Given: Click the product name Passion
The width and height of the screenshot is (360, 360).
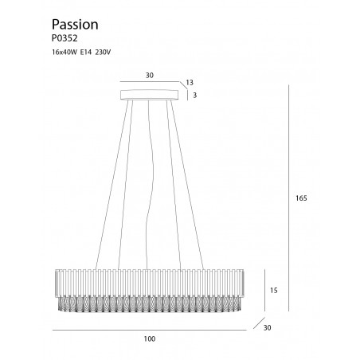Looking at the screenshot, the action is click(x=75, y=25).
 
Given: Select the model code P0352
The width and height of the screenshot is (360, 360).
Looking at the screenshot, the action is click(x=65, y=38).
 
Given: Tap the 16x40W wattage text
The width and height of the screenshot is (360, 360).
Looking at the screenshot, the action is click(x=65, y=53).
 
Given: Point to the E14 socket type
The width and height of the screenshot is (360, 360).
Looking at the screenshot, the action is click(x=86, y=53).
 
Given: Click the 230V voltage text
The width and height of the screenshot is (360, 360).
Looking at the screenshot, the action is click(x=103, y=53).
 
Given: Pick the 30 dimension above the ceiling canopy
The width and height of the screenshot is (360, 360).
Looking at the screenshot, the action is click(x=150, y=76).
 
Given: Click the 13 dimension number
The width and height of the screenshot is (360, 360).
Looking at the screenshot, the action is click(x=190, y=83).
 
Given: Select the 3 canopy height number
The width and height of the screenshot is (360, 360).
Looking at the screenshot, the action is click(x=195, y=95).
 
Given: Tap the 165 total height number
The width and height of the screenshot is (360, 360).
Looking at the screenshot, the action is click(x=301, y=198).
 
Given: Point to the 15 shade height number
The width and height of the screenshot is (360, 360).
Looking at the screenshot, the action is click(x=274, y=291).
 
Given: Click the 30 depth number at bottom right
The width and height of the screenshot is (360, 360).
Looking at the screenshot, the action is click(x=268, y=328).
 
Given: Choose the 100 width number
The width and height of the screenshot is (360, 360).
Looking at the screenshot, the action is click(x=150, y=339).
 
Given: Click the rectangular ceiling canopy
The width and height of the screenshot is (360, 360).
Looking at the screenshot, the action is click(x=150, y=95).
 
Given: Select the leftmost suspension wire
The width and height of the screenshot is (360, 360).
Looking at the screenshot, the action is click(x=112, y=185).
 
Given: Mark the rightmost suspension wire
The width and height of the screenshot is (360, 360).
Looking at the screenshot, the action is click(x=187, y=185).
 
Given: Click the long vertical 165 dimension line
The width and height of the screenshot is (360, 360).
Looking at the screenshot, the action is click(x=288, y=198).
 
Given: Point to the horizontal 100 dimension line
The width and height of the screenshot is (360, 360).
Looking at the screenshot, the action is click(x=150, y=330).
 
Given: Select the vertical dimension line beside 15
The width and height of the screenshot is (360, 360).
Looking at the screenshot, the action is click(x=264, y=290).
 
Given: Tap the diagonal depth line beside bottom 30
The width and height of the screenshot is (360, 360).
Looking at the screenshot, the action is click(x=259, y=323).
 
